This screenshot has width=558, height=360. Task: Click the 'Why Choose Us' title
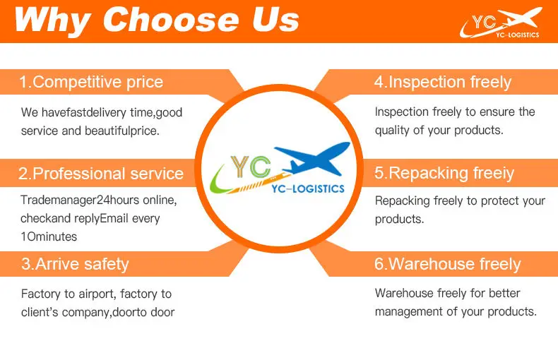pyautogui.click(x=157, y=20)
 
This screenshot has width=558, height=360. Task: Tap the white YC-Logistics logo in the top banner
pyautogui.click(x=501, y=23)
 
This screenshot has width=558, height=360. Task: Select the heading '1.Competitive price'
pyautogui.click(x=91, y=82)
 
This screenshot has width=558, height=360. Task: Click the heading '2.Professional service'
pyautogui.click(x=101, y=174)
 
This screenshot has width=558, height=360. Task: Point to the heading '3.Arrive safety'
pyautogui.click(x=75, y=264)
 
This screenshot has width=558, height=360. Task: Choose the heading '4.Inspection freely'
pyautogui.click(x=443, y=82)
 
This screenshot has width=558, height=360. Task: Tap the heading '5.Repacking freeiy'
pyautogui.click(x=444, y=174)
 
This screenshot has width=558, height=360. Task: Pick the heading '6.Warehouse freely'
pyautogui.click(x=447, y=264)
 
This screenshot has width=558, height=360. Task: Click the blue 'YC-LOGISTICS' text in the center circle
pyautogui.click(x=308, y=188)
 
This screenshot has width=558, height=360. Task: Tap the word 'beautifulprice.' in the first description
pyautogui.click(x=122, y=131)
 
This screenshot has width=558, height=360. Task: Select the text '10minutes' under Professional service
pyautogui.click(x=49, y=236)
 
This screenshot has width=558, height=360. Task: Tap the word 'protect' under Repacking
pyautogui.click(x=497, y=201)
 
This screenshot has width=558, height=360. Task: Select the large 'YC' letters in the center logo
pyautogui.click(x=251, y=167)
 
